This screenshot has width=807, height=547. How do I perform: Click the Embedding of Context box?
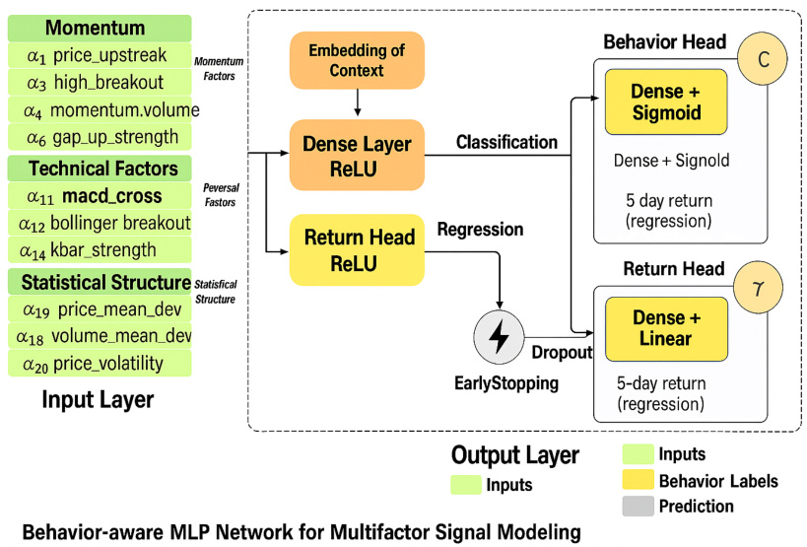coord(356,58)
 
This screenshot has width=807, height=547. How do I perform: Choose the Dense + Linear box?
coord(665,328)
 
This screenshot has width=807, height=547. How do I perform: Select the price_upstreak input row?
coord(99,55)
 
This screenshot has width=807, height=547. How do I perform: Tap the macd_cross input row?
coord(99,195)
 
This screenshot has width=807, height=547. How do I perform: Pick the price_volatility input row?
coord(99,363)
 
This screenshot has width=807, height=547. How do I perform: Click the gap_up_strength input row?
coord(99,136)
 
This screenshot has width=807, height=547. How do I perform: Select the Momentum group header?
coord(99,28)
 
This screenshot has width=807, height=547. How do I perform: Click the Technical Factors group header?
coord(99,168)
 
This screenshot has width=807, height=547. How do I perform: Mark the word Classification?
coord(506,143)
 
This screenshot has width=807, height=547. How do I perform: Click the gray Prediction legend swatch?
coord(639,507)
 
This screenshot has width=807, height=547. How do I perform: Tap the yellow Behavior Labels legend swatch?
coord(639,481)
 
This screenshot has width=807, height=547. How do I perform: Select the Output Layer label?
coord(514,455)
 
